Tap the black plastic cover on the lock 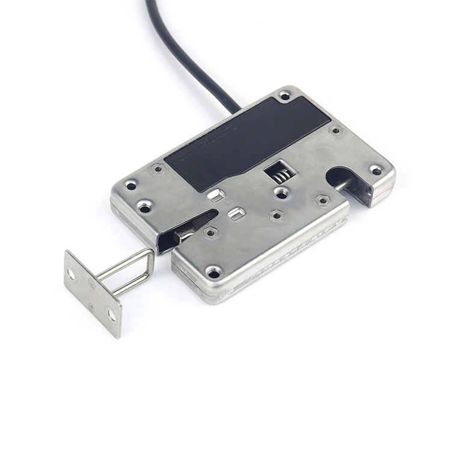point(241,144)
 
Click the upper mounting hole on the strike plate point(72,274)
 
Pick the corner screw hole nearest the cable point(284,95)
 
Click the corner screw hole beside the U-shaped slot point(376,170)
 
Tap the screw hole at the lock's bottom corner point(213,273)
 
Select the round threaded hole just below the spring point(281,193)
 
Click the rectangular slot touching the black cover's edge point(215,194)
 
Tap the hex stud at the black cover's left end point(158,170)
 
